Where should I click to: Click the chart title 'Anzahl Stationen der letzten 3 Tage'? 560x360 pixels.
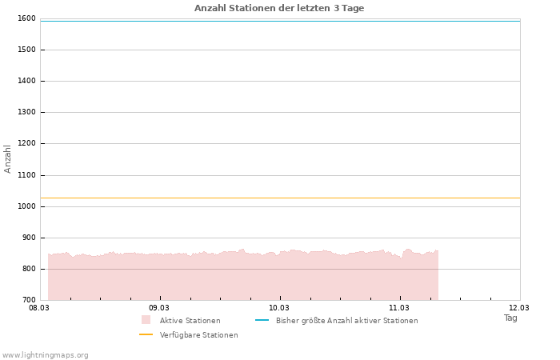click(x=279, y=8)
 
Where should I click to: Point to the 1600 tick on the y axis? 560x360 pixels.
click(x=26, y=18)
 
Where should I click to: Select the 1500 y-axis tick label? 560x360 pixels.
click(x=26, y=50)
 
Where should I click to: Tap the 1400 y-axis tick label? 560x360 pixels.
click(x=26, y=81)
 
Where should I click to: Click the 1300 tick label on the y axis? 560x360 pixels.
click(x=26, y=112)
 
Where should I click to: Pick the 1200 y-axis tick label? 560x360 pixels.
click(x=26, y=143)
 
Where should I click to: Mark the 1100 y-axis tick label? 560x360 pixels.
click(x=26, y=175)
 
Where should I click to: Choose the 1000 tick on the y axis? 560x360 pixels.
click(x=26, y=206)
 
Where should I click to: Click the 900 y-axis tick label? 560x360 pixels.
click(x=28, y=238)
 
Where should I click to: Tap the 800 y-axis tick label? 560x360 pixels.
click(x=28, y=269)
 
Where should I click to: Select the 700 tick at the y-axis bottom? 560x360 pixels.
click(x=28, y=300)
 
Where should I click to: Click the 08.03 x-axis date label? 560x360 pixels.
click(x=39, y=307)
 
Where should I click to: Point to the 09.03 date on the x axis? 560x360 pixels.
click(x=159, y=307)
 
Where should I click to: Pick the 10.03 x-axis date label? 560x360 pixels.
click(x=279, y=307)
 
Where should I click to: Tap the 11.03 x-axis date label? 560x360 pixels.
click(x=399, y=307)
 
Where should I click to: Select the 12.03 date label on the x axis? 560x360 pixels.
click(x=519, y=307)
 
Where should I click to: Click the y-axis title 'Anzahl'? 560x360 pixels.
click(x=8, y=158)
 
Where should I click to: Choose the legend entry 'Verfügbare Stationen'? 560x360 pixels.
click(x=198, y=335)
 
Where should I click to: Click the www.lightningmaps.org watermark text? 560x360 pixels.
click(x=46, y=355)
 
